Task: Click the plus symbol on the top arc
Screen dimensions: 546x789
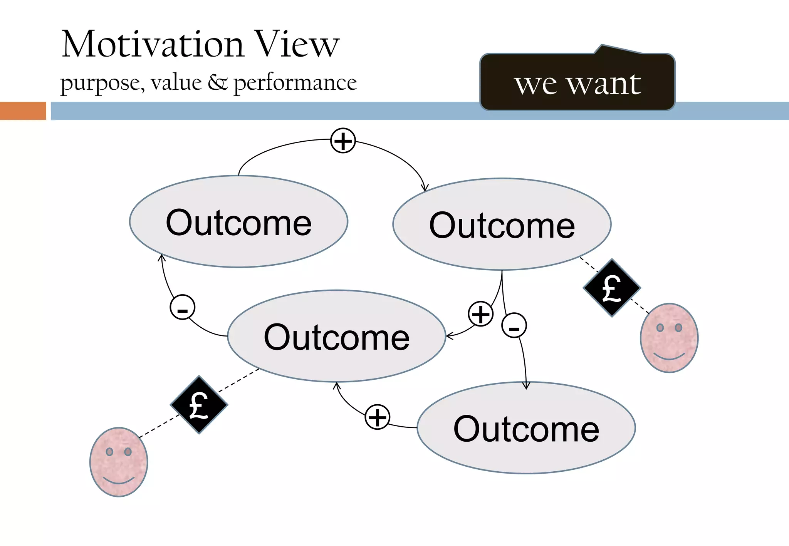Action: (x=343, y=141)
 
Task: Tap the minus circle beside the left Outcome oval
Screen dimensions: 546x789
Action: (x=183, y=307)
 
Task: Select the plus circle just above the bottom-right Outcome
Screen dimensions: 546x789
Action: (x=378, y=417)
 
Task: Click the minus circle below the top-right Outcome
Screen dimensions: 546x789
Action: (x=514, y=325)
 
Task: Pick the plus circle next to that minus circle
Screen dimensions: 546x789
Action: (x=480, y=314)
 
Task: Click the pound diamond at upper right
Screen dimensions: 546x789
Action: (x=611, y=288)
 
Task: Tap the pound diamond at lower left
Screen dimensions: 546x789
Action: (x=199, y=405)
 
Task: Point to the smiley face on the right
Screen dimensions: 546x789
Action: (x=669, y=338)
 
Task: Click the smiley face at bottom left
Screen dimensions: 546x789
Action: (x=119, y=462)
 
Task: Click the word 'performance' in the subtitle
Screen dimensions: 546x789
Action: (x=295, y=83)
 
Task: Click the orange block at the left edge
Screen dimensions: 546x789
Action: (x=23, y=111)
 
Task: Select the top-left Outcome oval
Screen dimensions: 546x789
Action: (x=238, y=222)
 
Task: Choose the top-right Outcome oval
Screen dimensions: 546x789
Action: (x=502, y=224)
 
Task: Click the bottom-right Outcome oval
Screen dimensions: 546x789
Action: (x=526, y=428)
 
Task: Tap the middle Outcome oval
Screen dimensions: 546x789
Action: (x=336, y=337)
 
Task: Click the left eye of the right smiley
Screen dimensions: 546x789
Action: (x=660, y=328)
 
